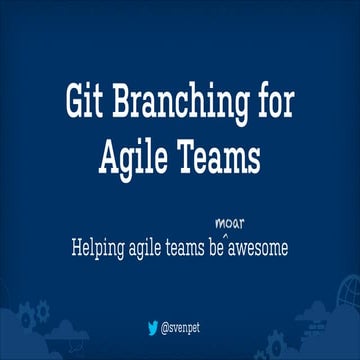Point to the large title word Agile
tap(137, 159)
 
